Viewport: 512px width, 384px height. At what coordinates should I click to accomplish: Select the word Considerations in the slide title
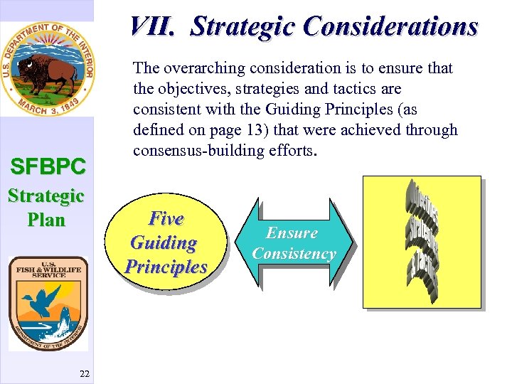(x=391, y=26)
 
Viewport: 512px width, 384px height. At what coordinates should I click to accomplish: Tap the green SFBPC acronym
(x=48, y=166)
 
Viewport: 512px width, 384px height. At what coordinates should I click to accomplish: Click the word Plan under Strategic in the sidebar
(x=46, y=220)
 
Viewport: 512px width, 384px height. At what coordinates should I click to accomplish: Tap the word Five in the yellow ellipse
(x=165, y=219)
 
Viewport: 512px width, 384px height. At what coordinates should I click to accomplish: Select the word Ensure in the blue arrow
(x=292, y=233)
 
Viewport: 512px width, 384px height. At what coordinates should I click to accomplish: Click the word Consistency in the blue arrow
(x=294, y=254)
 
